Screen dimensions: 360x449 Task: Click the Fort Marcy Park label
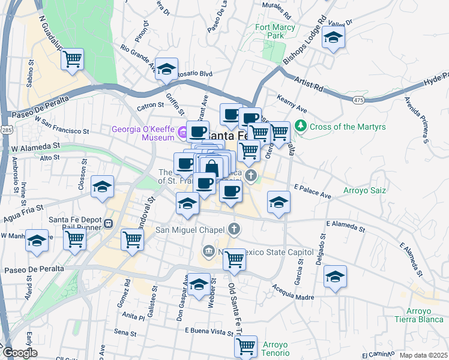[x=275, y=31]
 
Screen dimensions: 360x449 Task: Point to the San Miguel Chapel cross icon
[x=234, y=229]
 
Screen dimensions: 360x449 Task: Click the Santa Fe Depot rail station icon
[x=108, y=223]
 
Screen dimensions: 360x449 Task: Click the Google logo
[x=19, y=353]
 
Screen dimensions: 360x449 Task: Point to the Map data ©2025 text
[x=423, y=355]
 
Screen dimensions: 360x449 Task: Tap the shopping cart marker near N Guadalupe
[x=72, y=59]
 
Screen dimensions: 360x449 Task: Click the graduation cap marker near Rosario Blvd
[x=166, y=68]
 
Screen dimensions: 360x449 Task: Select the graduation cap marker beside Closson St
[x=103, y=187]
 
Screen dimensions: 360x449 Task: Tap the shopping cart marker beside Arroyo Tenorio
[x=245, y=346]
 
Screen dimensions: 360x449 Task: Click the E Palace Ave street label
[x=313, y=195]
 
